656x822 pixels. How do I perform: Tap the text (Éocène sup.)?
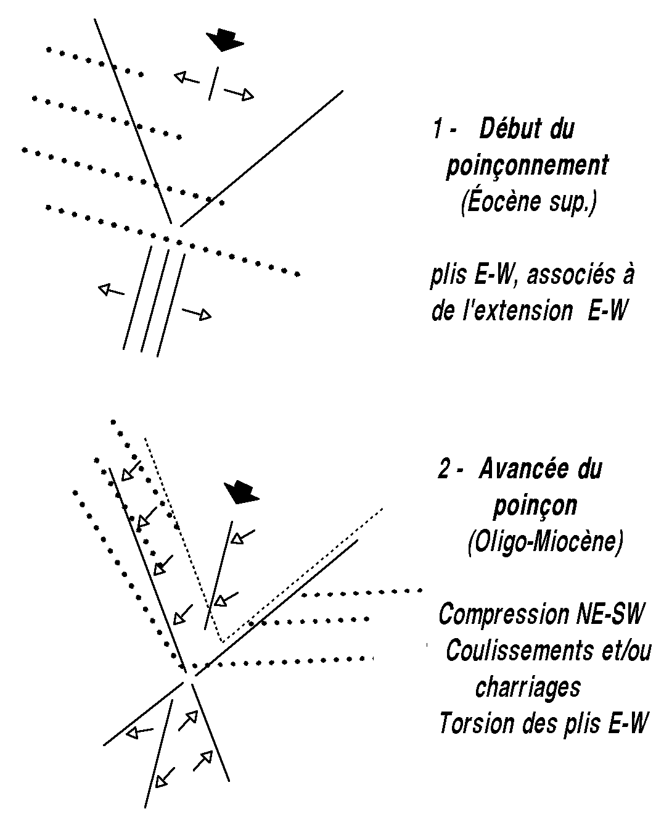coord(528,203)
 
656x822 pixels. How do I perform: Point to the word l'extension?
coord(514,312)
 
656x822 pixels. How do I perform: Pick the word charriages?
coord(528,686)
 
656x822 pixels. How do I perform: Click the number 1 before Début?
coord(437,129)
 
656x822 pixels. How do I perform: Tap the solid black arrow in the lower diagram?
coord(242,492)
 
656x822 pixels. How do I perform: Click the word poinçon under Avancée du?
coord(535,505)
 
